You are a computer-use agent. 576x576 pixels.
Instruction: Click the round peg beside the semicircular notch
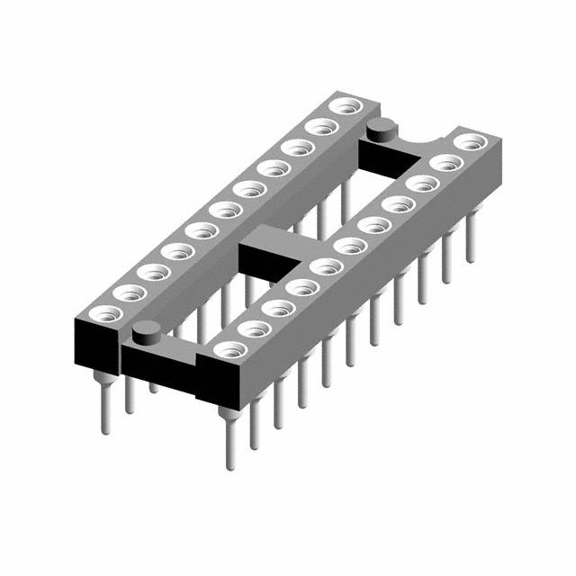[x=382, y=130]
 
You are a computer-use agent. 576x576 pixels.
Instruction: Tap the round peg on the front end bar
[x=146, y=336]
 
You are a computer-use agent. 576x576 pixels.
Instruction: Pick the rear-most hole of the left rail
[x=343, y=107]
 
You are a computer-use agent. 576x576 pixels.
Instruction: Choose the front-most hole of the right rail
[x=228, y=349]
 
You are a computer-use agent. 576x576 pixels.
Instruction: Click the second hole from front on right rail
[x=254, y=328]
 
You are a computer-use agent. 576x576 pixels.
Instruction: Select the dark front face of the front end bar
[x=157, y=364]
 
